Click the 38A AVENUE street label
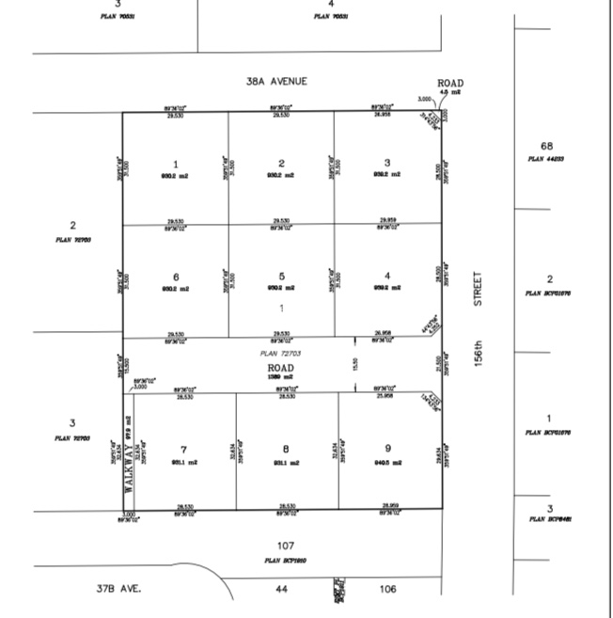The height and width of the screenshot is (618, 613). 276,82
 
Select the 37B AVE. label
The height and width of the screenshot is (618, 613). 118,589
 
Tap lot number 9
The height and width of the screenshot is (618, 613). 386,450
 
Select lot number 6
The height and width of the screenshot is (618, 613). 176,277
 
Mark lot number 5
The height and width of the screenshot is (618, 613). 281,277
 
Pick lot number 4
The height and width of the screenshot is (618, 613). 387,276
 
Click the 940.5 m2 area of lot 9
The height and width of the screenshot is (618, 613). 387,462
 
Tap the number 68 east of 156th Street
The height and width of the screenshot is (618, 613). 546,146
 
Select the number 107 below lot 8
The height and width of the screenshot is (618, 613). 286,546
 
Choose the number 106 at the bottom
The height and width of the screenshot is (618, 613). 387,589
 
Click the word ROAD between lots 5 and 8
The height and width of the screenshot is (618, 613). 281,366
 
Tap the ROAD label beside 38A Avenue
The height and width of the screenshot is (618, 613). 450,83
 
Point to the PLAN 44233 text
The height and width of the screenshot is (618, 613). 546,159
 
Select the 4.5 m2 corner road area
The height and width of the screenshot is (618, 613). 450,92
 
